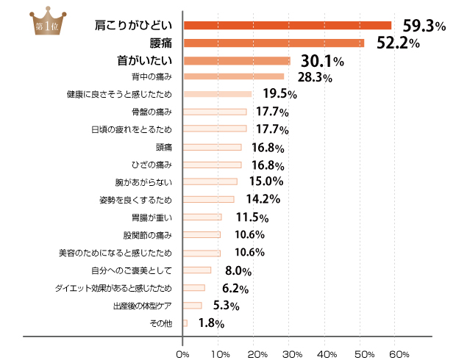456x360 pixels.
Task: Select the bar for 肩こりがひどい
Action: pyautogui.click(x=287, y=25)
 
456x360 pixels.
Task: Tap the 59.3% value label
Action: pyautogui.click(x=419, y=26)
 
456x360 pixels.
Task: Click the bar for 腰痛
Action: pyautogui.click(x=274, y=43)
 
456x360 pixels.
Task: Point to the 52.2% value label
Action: pyautogui.click(x=398, y=43)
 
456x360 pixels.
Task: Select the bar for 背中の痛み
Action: pyautogui.click(x=233, y=76)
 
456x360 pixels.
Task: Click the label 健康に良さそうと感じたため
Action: pyautogui.click(x=119, y=94)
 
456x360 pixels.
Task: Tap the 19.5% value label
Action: pyautogui.click(x=279, y=94)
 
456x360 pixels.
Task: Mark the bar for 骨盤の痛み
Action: pyautogui.click(x=215, y=112)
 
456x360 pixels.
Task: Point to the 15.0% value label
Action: pyautogui.click(x=265, y=181)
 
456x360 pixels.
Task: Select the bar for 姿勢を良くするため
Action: pyautogui.click(x=208, y=199)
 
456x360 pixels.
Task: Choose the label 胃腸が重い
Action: pyautogui.click(x=151, y=217)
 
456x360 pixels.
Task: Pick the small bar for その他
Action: pyautogui.click(x=185, y=323)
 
